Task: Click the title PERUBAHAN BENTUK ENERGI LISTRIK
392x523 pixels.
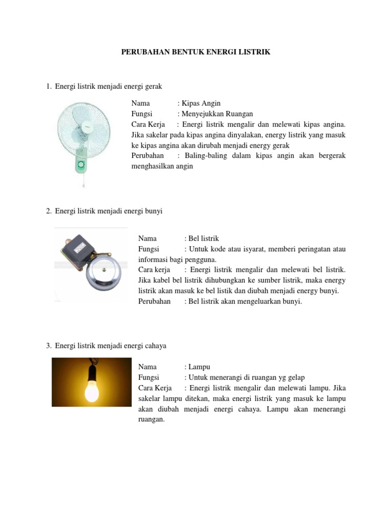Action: coord(195,52)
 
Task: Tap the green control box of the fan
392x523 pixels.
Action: coord(81,165)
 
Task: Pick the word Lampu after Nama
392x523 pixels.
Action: coord(199,367)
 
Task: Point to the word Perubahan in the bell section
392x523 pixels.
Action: coord(154,301)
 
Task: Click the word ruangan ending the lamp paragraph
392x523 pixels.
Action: coord(151,419)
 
